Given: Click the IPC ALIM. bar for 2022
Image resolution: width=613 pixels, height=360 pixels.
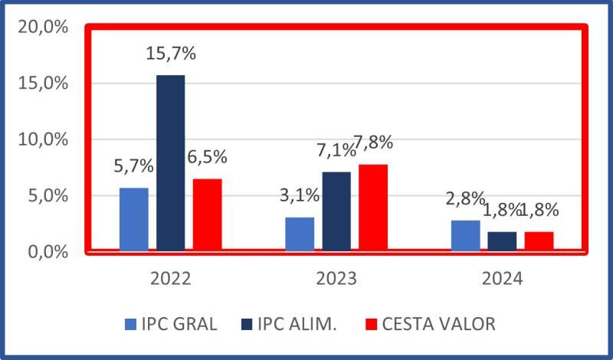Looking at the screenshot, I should (171, 162).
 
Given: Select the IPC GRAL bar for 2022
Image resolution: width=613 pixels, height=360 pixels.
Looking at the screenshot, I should (134, 219).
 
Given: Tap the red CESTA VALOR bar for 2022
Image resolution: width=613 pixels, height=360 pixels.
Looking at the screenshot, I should (207, 214).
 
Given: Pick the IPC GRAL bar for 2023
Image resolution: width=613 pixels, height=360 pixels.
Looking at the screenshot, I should (300, 234).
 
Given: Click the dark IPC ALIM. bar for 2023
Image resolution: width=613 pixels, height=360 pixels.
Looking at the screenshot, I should (336, 211).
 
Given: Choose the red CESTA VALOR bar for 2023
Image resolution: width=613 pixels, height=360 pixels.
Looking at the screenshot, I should (373, 207).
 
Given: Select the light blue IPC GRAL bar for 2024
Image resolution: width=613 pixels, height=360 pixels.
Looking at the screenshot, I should (465, 235).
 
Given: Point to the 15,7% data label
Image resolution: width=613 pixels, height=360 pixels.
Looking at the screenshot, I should (170, 55).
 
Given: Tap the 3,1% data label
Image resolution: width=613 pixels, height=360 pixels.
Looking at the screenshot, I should (299, 196).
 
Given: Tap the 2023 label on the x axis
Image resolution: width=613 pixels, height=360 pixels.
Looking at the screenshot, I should (336, 278).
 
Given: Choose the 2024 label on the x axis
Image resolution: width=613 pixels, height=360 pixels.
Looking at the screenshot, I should (502, 278).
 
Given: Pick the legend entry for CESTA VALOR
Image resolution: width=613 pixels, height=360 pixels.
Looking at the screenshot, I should (430, 324).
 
